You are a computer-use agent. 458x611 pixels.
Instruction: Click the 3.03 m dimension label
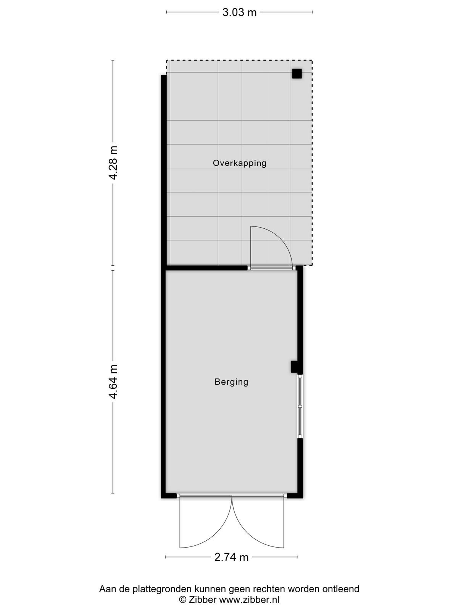tap(239, 13)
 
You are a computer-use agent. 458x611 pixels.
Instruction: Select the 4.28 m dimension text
tap(113, 163)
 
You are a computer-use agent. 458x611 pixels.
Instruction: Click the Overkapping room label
tap(239, 163)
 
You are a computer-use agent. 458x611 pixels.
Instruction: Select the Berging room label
tap(231, 382)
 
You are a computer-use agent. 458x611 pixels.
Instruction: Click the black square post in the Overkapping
tap(297, 73)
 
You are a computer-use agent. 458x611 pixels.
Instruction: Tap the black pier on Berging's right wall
tap(295, 367)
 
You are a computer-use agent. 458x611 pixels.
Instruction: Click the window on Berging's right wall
tap(300, 406)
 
